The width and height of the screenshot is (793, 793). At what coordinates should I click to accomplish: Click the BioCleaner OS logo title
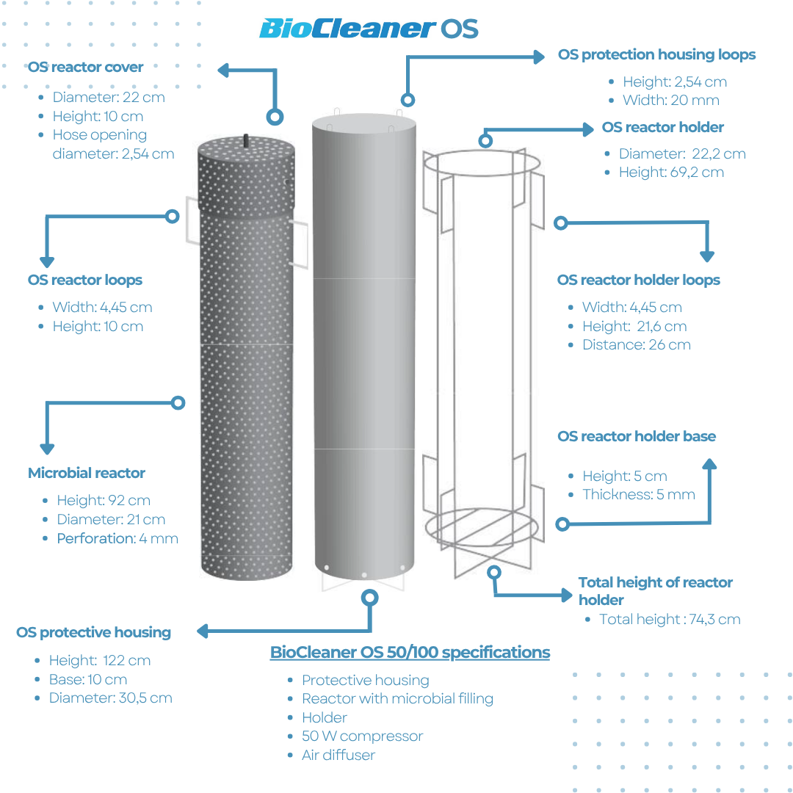(x=369, y=29)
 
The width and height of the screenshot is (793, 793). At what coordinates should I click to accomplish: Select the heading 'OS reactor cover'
(x=86, y=67)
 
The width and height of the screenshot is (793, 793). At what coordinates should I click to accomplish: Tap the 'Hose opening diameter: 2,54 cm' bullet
(x=113, y=145)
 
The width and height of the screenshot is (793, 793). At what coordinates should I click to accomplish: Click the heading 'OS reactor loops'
(x=85, y=280)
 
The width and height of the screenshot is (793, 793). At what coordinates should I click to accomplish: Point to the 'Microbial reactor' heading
(x=87, y=473)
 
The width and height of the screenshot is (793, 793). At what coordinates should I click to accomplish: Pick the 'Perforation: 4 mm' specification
(x=117, y=538)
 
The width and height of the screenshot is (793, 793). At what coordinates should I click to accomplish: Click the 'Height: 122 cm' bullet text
(x=100, y=660)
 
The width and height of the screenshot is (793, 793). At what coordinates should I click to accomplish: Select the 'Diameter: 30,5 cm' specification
(x=110, y=698)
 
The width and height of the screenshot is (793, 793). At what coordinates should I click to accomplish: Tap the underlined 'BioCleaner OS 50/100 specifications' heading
(x=410, y=652)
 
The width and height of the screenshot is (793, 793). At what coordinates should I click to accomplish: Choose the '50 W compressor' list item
(x=363, y=736)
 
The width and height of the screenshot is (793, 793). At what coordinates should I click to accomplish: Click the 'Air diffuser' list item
(x=338, y=755)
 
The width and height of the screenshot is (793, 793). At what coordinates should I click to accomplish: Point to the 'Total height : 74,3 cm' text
(x=670, y=619)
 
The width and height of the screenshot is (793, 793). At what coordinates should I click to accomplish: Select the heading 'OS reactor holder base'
(x=637, y=436)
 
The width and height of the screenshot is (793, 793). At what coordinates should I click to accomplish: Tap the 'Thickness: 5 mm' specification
(x=639, y=494)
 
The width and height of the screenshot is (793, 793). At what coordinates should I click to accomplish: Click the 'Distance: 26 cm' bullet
(x=637, y=344)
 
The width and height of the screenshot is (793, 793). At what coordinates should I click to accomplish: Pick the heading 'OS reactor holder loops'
(x=639, y=280)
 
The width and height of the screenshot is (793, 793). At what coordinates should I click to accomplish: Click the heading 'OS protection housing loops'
(x=656, y=54)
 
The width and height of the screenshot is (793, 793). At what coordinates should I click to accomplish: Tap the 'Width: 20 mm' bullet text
(x=671, y=100)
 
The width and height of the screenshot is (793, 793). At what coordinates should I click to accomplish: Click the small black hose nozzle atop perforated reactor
(x=247, y=139)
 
